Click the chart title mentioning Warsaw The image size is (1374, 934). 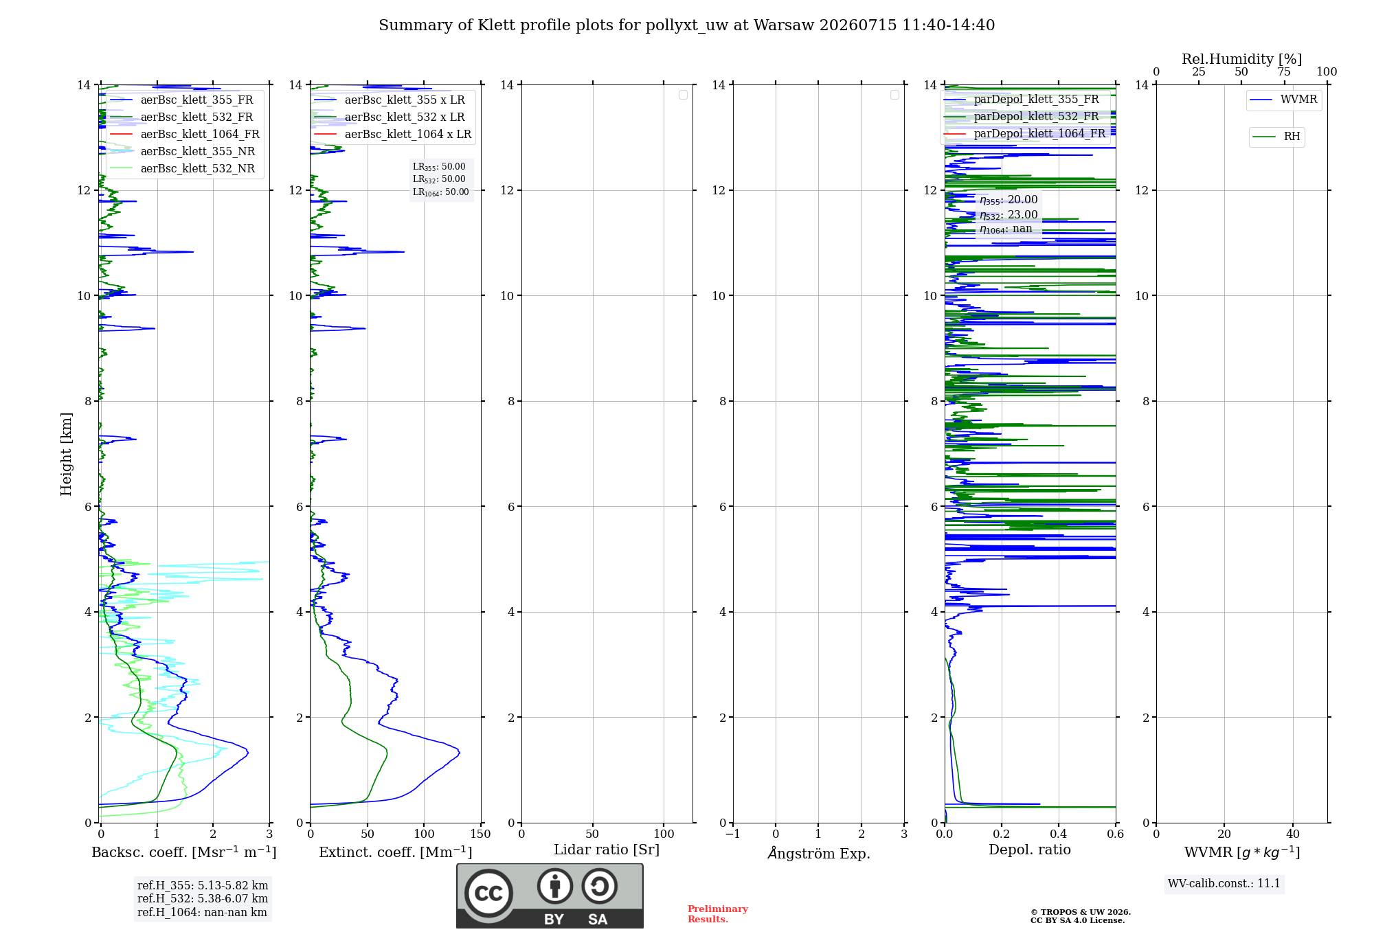pyautogui.click(x=686, y=25)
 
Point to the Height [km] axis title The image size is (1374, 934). pyautogui.click(x=66, y=454)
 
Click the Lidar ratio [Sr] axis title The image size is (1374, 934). pyautogui.click(x=607, y=850)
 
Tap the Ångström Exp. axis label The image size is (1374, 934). pyautogui.click(x=819, y=853)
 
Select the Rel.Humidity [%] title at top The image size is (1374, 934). pyautogui.click(x=1241, y=59)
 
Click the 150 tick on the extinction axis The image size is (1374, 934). pyautogui.click(x=481, y=834)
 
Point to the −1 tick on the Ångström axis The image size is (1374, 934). pyautogui.click(x=733, y=834)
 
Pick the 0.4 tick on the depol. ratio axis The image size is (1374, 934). pyautogui.click(x=1059, y=834)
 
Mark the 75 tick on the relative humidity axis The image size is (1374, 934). pyautogui.click(x=1284, y=72)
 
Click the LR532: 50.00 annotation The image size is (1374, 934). pyautogui.click(x=439, y=179)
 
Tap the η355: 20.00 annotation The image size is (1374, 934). pyautogui.click(x=1009, y=200)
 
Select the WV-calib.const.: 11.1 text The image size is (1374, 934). pyautogui.click(x=1224, y=884)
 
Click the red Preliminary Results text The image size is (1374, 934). pyautogui.click(x=718, y=914)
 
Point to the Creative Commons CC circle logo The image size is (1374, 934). pyautogui.click(x=488, y=893)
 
